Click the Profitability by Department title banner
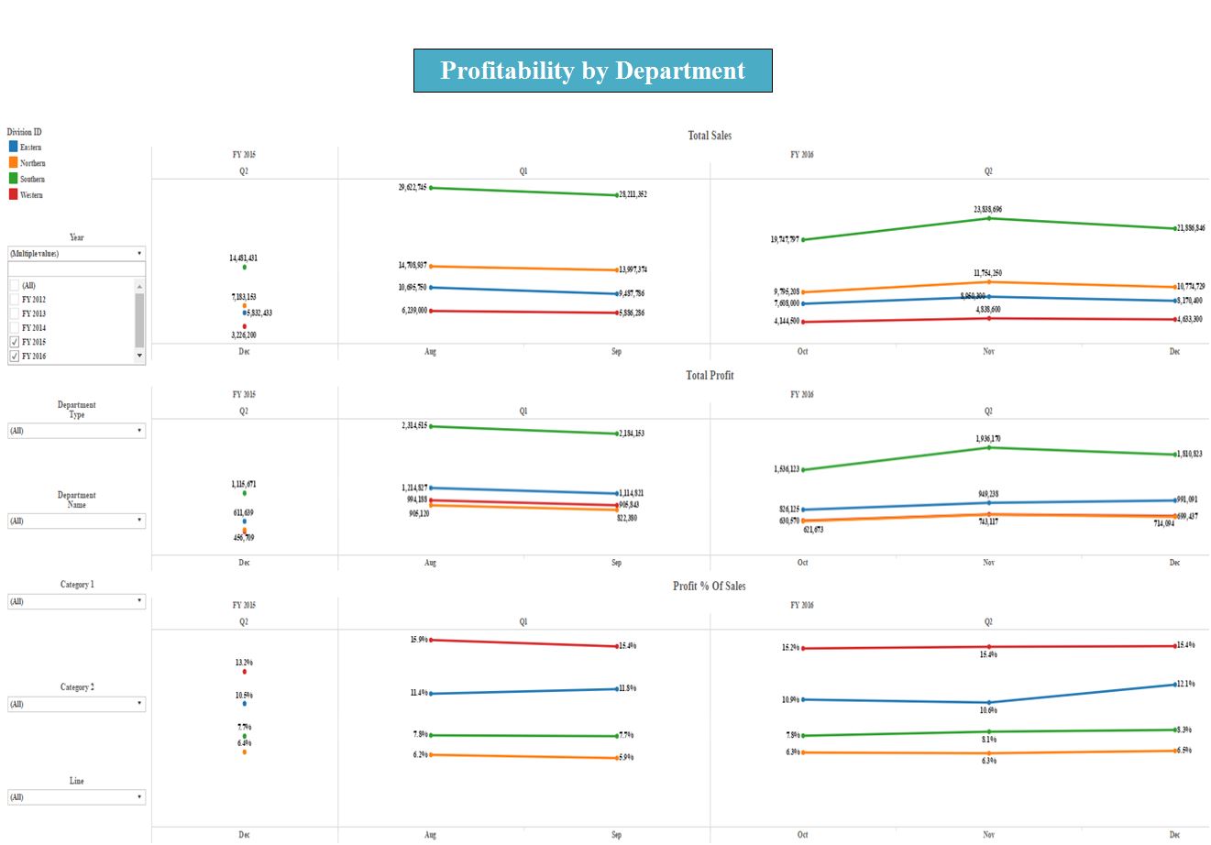point(592,71)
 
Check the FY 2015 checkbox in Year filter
point(14,342)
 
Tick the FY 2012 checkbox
point(14,300)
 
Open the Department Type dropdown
point(76,431)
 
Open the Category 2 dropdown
point(76,704)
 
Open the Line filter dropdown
point(76,797)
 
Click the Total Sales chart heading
point(710,136)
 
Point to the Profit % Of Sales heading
point(709,587)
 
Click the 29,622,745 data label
point(412,187)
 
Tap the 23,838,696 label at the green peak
point(987,209)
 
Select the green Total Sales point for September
point(617,195)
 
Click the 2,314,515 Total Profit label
point(413,425)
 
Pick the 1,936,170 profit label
point(987,438)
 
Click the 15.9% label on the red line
point(418,639)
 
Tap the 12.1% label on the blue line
point(1185,684)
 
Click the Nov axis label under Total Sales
point(988,351)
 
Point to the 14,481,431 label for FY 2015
point(243,258)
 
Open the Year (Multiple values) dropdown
point(76,253)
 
